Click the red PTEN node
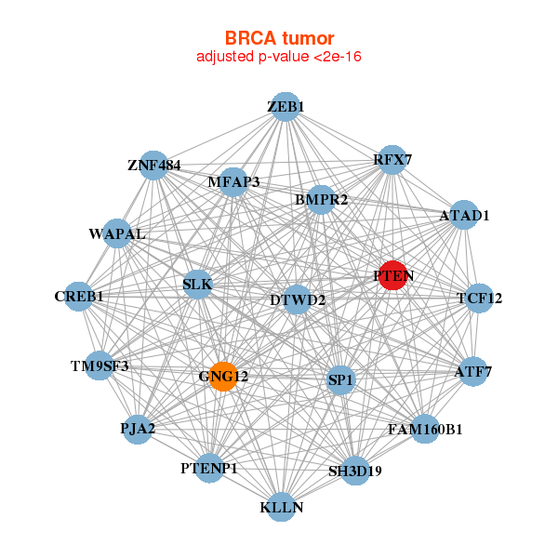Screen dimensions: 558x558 [393, 275]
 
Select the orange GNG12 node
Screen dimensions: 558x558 [223, 377]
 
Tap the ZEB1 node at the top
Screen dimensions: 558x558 [286, 107]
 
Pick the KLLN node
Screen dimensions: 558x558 [282, 508]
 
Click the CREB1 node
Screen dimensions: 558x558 [79, 297]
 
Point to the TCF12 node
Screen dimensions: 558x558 [479, 299]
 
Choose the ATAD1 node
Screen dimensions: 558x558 [464, 216]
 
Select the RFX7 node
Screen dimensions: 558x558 [392, 160]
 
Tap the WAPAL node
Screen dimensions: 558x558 [117, 233]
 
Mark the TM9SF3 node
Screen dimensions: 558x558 [100, 365]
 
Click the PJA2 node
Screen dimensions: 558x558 [137, 429]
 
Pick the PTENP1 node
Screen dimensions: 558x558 [209, 468]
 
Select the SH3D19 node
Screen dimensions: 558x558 [355, 470]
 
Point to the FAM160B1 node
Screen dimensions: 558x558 [425, 430]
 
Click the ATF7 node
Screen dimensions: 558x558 [473, 372]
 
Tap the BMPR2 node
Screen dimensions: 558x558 [321, 199]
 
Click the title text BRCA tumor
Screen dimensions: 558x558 [279, 38]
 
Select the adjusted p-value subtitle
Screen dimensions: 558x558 [279, 57]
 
